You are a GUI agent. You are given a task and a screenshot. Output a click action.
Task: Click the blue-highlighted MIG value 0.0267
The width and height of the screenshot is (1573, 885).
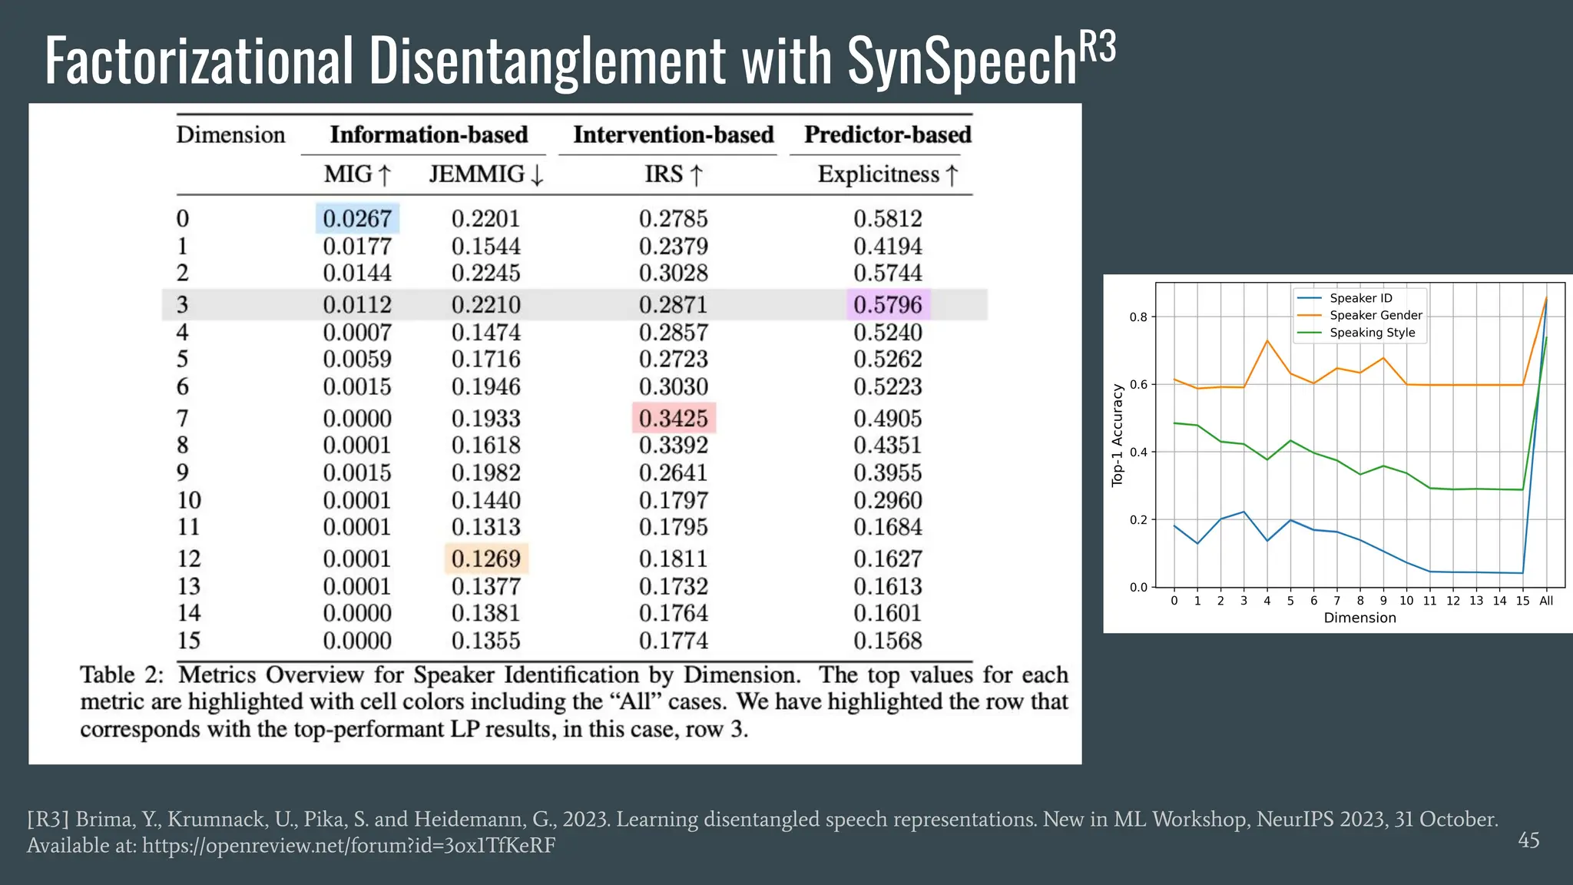pyautogui.click(x=357, y=219)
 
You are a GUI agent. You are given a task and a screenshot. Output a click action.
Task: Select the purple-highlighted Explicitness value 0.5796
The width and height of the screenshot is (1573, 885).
pyautogui.click(x=888, y=305)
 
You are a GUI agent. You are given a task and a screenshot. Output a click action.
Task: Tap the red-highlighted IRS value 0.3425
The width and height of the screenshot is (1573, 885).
pyautogui.click(x=674, y=419)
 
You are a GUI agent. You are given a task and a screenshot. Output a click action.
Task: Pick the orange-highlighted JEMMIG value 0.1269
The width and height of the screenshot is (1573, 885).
pyautogui.click(x=486, y=559)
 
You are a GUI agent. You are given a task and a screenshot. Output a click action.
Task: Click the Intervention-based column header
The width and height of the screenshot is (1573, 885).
pyautogui.click(x=673, y=135)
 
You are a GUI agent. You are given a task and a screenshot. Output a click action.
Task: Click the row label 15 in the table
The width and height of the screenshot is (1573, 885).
pyautogui.click(x=189, y=641)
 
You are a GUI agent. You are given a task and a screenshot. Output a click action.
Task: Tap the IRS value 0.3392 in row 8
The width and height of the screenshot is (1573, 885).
pyautogui.click(x=674, y=446)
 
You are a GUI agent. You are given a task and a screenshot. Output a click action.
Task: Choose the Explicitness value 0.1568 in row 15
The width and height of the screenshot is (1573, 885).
pyautogui.click(x=888, y=641)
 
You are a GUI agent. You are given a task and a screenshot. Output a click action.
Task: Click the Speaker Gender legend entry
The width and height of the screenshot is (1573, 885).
pyautogui.click(x=1376, y=316)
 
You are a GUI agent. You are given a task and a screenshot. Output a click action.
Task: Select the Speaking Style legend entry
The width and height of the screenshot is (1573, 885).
pyautogui.click(x=1372, y=333)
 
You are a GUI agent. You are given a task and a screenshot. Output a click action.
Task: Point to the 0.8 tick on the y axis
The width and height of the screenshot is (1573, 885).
pyautogui.click(x=1138, y=317)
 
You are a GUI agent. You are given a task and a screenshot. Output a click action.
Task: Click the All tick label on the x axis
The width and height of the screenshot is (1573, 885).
pyautogui.click(x=1546, y=601)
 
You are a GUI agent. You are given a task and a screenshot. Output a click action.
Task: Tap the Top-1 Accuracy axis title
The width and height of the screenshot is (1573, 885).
pyautogui.click(x=1118, y=436)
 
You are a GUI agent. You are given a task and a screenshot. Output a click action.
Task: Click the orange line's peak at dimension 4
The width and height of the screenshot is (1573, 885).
pyautogui.click(x=1267, y=340)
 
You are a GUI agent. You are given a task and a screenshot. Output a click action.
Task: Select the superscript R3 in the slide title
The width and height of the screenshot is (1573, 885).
pyautogui.click(x=1098, y=48)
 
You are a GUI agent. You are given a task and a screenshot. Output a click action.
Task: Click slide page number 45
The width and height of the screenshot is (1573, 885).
pyautogui.click(x=1528, y=840)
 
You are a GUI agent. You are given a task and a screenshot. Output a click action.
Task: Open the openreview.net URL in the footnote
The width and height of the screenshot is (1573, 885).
pyautogui.click(x=349, y=846)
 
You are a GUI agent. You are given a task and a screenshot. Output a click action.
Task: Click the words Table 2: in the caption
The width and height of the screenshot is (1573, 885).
pyautogui.click(x=121, y=675)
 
